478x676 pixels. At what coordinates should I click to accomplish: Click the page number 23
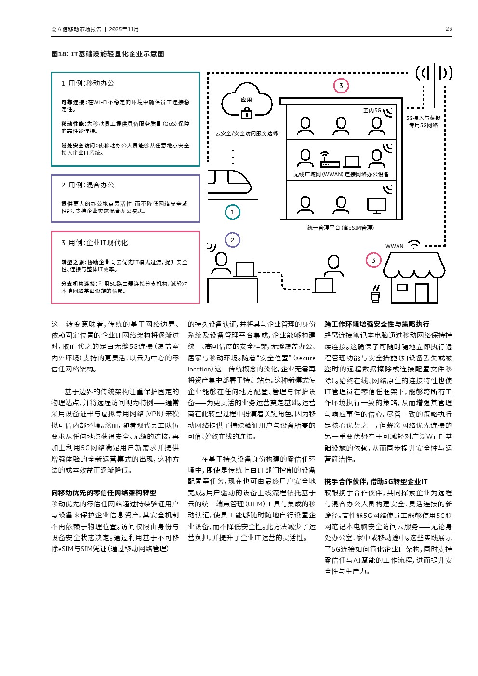[449, 29]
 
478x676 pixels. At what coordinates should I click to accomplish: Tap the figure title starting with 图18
[107, 54]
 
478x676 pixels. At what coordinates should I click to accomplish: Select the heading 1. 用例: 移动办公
[88, 83]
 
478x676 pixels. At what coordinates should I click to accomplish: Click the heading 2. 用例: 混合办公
[88, 185]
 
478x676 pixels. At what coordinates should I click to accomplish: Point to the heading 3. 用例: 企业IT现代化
[94, 243]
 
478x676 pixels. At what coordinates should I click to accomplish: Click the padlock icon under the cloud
[246, 113]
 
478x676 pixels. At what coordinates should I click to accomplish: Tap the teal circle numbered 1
[232, 212]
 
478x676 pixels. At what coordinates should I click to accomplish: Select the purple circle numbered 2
[232, 240]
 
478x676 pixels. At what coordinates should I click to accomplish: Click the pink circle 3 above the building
[341, 86]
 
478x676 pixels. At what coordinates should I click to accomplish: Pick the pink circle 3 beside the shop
[373, 261]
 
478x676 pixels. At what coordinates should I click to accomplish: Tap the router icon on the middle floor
[330, 161]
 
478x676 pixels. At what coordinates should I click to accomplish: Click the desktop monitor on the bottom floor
[376, 206]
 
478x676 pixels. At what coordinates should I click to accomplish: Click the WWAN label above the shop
[394, 246]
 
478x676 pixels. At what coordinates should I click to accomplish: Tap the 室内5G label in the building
[372, 110]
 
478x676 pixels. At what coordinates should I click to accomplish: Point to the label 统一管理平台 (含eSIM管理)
[340, 228]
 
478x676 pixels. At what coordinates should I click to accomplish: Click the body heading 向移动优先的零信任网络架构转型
[104, 493]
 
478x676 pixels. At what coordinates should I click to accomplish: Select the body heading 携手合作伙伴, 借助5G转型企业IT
[375, 481]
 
